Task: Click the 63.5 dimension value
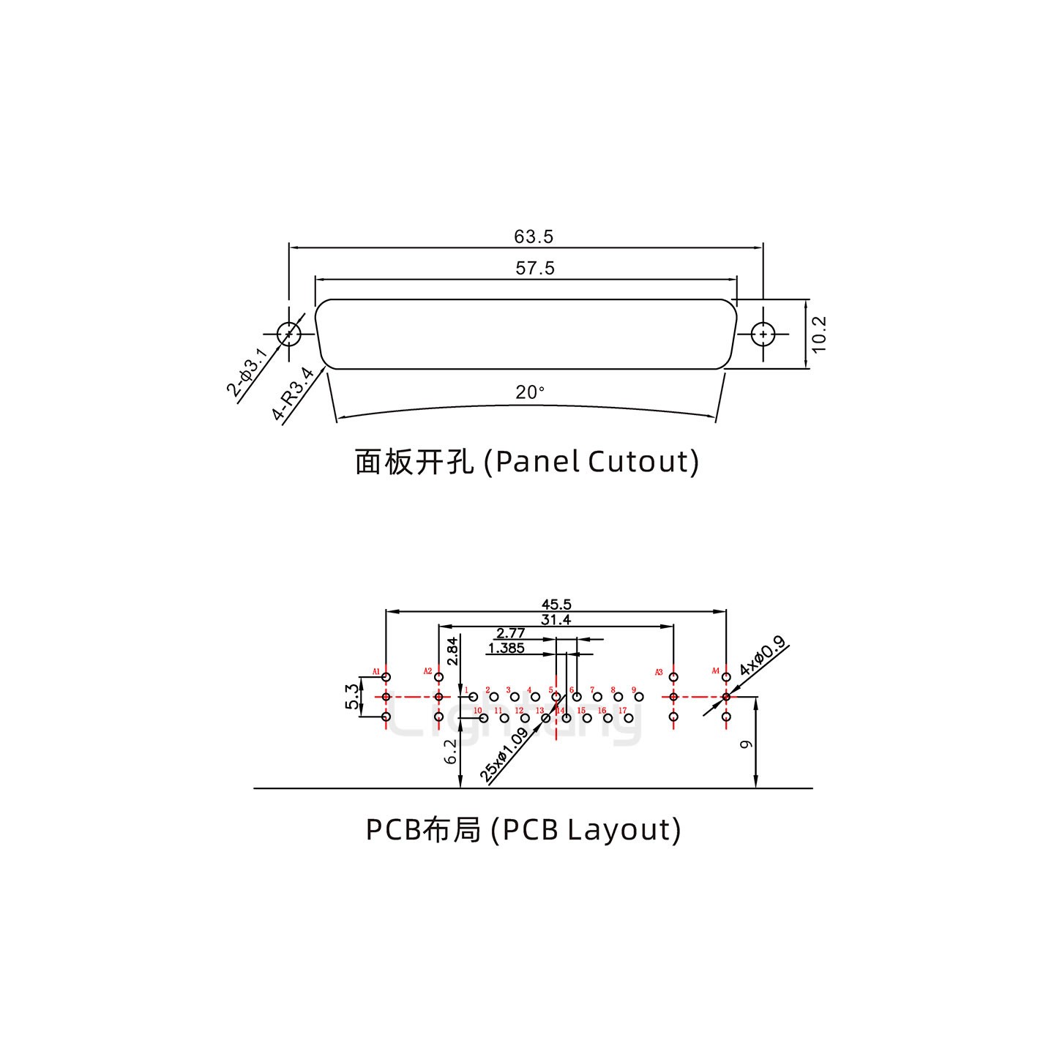tap(534, 236)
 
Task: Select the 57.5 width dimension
tap(535, 268)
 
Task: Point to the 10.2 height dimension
tap(819, 334)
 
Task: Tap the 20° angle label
tap(530, 393)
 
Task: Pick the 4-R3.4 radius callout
tap(292, 395)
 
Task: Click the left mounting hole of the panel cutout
tap(289, 334)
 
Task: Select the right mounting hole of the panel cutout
tap(763, 334)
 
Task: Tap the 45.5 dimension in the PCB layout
tap(556, 605)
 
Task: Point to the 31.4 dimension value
tap(556, 620)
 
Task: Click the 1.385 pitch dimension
tap(506, 648)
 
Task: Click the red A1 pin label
tap(376, 671)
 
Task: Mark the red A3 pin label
tap(659, 672)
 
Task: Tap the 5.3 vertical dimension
tap(353, 697)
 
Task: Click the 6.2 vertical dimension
tap(452, 751)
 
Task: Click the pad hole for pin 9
tap(639, 697)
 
